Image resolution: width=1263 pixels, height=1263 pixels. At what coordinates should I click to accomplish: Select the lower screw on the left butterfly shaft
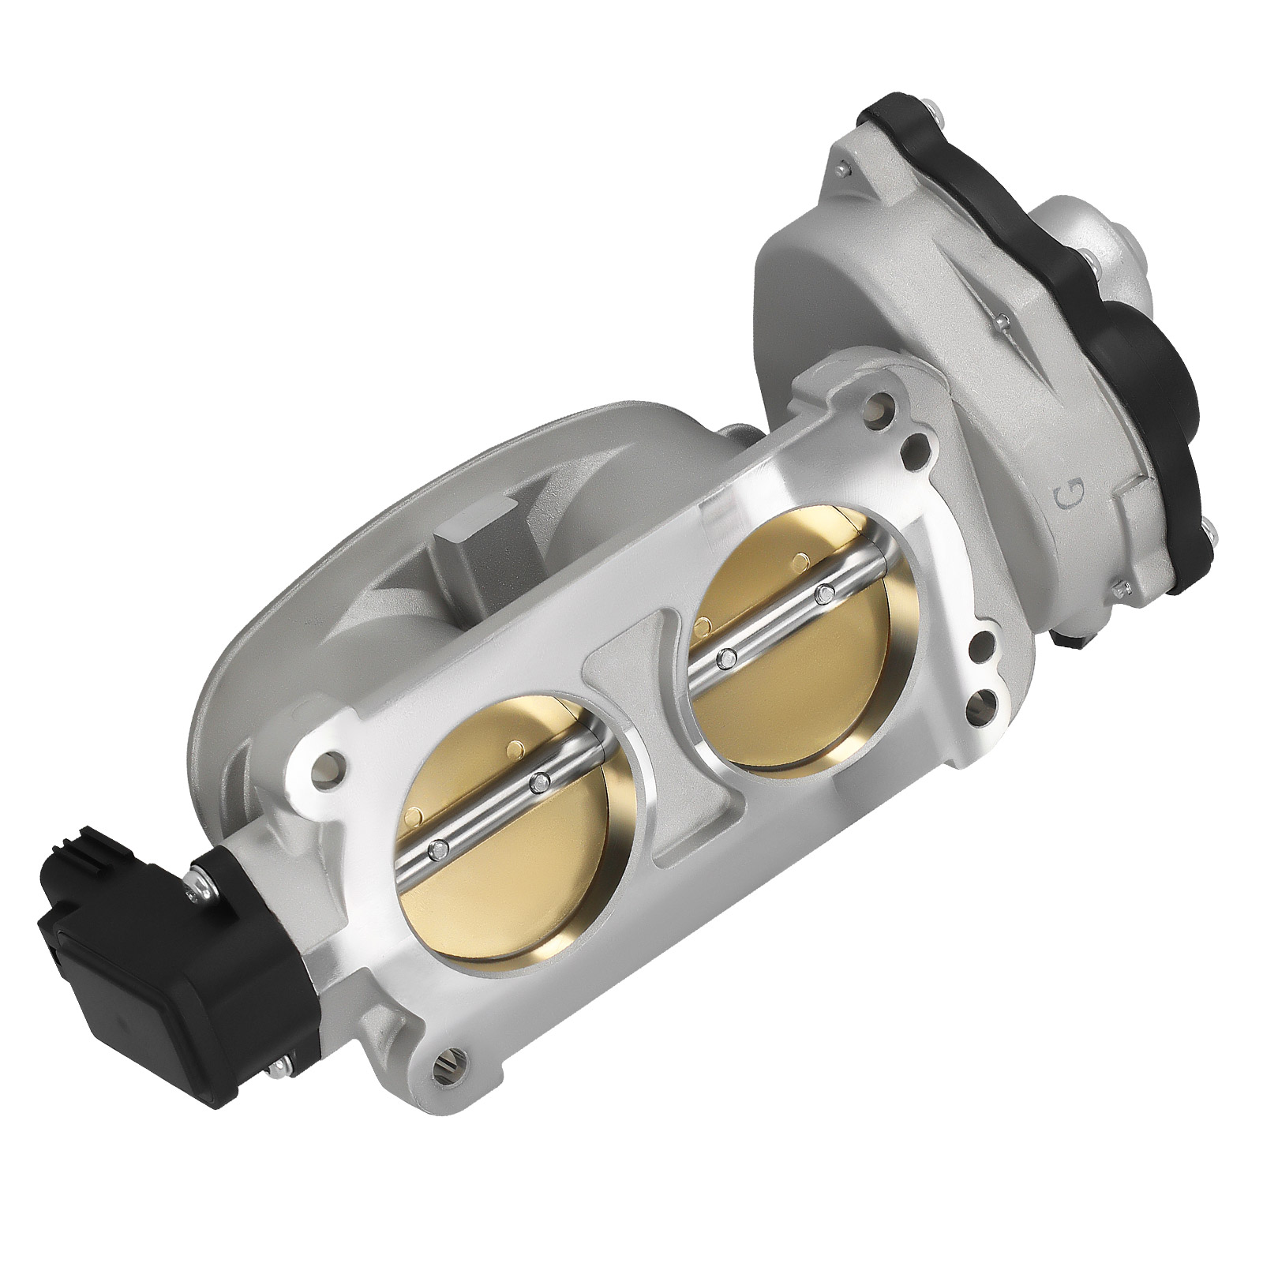[437, 849]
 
